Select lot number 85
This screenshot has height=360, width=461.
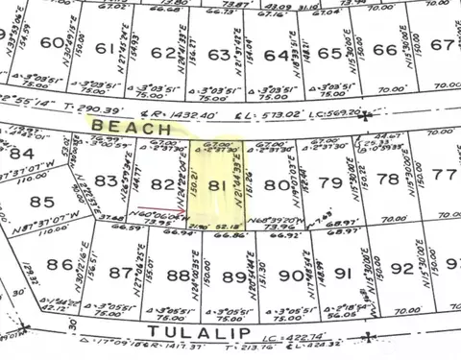click(x=42, y=203)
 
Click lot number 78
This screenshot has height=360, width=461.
click(x=388, y=180)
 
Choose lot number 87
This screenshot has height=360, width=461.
click(x=120, y=273)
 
